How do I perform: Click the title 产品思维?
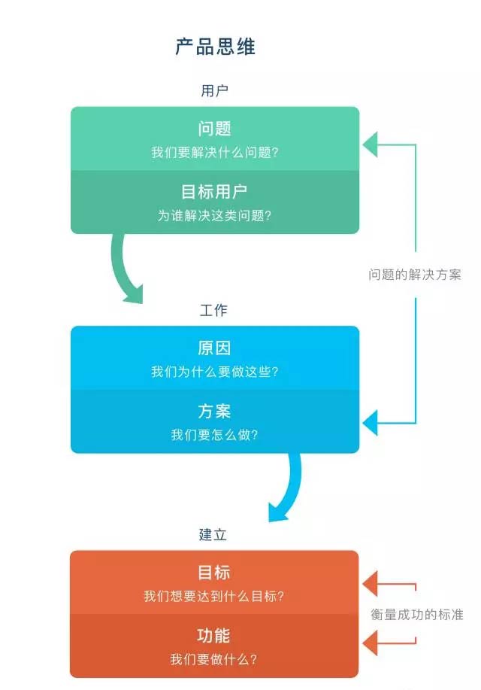click(215, 47)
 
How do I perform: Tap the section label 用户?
click(214, 91)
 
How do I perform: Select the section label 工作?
click(214, 311)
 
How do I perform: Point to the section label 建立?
click(213, 535)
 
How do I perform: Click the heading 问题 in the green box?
click(214, 129)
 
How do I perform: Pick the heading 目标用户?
click(214, 192)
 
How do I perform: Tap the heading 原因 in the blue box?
click(214, 348)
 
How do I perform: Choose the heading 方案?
click(214, 412)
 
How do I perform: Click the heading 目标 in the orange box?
click(214, 573)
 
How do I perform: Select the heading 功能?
click(214, 636)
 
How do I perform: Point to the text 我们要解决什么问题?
click(214, 152)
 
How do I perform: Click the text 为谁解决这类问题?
click(214, 215)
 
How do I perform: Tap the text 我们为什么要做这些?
click(214, 372)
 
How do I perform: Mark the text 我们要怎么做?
click(214, 435)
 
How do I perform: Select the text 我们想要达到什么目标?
click(214, 597)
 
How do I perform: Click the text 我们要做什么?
click(214, 660)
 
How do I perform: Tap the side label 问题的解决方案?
click(415, 275)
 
